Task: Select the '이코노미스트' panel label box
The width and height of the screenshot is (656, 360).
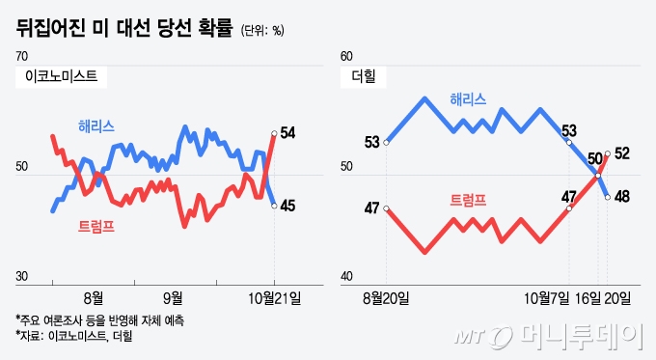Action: (60, 74)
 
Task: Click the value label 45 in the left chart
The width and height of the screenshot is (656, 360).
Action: (287, 205)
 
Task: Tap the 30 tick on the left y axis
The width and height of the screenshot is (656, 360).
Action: (21, 277)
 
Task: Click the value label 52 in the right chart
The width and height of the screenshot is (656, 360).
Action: (622, 153)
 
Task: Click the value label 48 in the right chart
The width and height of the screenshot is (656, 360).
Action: (622, 197)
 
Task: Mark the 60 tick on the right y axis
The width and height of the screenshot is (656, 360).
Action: (348, 58)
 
